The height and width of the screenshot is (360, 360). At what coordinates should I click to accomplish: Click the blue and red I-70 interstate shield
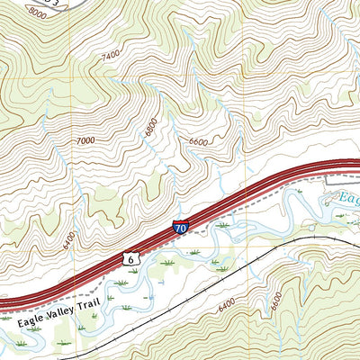pyautogui.click(x=181, y=229)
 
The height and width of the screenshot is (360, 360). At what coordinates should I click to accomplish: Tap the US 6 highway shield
pyautogui.click(x=131, y=259)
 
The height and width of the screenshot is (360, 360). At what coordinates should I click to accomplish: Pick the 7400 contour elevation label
pyautogui.click(x=111, y=56)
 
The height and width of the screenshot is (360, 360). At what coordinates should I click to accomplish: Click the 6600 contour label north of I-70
pyautogui.click(x=197, y=141)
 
